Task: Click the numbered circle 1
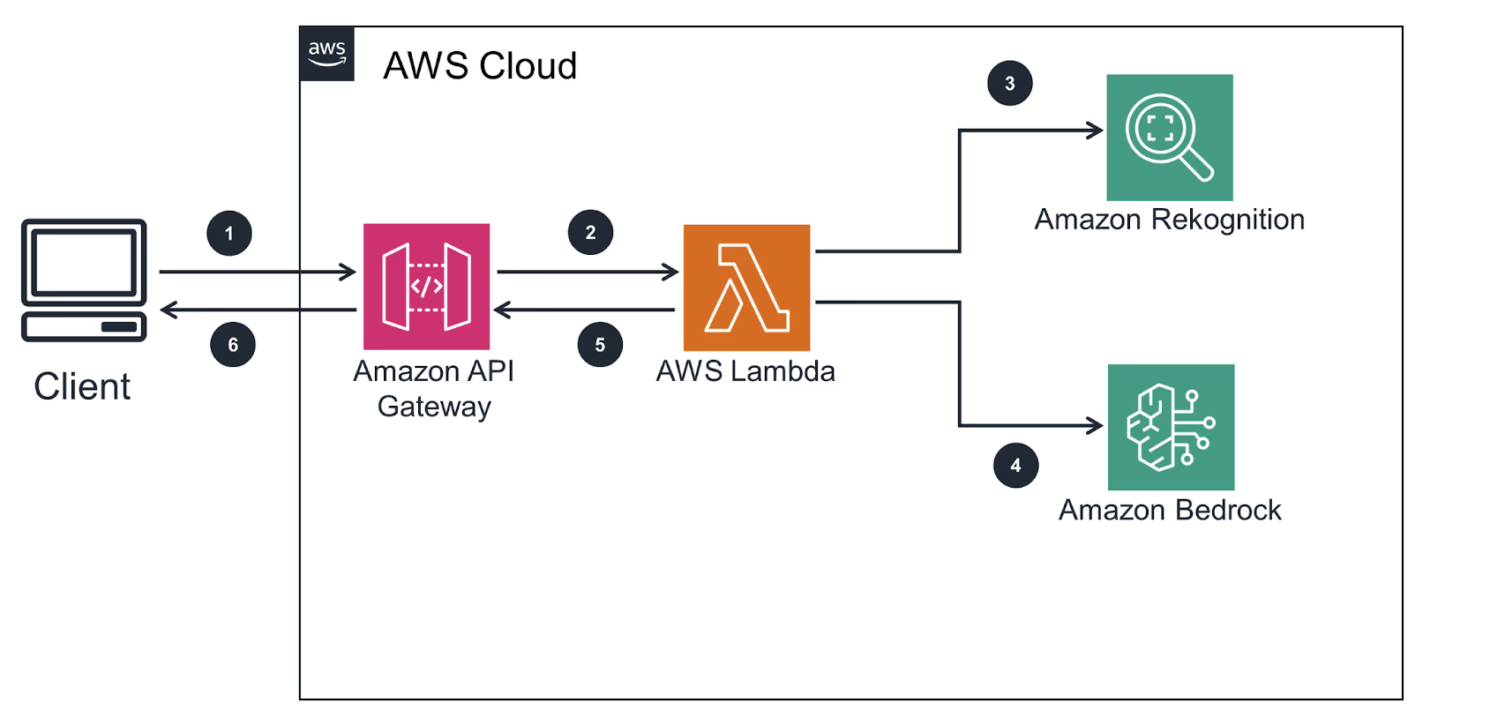229,234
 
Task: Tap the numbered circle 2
590,233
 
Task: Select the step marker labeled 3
1009,84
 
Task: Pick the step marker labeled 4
1015,466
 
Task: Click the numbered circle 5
600,345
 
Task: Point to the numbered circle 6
233,345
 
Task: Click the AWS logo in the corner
327,54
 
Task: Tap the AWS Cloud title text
480,66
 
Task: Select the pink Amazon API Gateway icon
426,287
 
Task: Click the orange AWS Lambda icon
746,288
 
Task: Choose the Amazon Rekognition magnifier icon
1169,138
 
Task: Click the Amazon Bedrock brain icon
1171,427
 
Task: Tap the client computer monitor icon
84,280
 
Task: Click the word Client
82,386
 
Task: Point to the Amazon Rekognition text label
1169,220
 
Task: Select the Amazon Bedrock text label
1169,510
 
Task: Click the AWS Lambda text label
745,371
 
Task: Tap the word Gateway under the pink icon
434,407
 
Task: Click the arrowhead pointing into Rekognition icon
1096,131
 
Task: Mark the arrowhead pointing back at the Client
168,310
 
